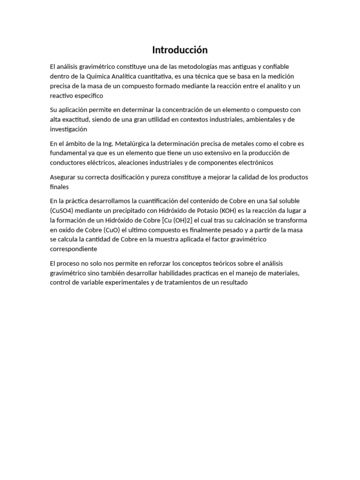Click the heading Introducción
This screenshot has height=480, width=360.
[x=180, y=50]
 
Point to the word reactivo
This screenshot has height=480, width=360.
[x=62, y=95]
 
